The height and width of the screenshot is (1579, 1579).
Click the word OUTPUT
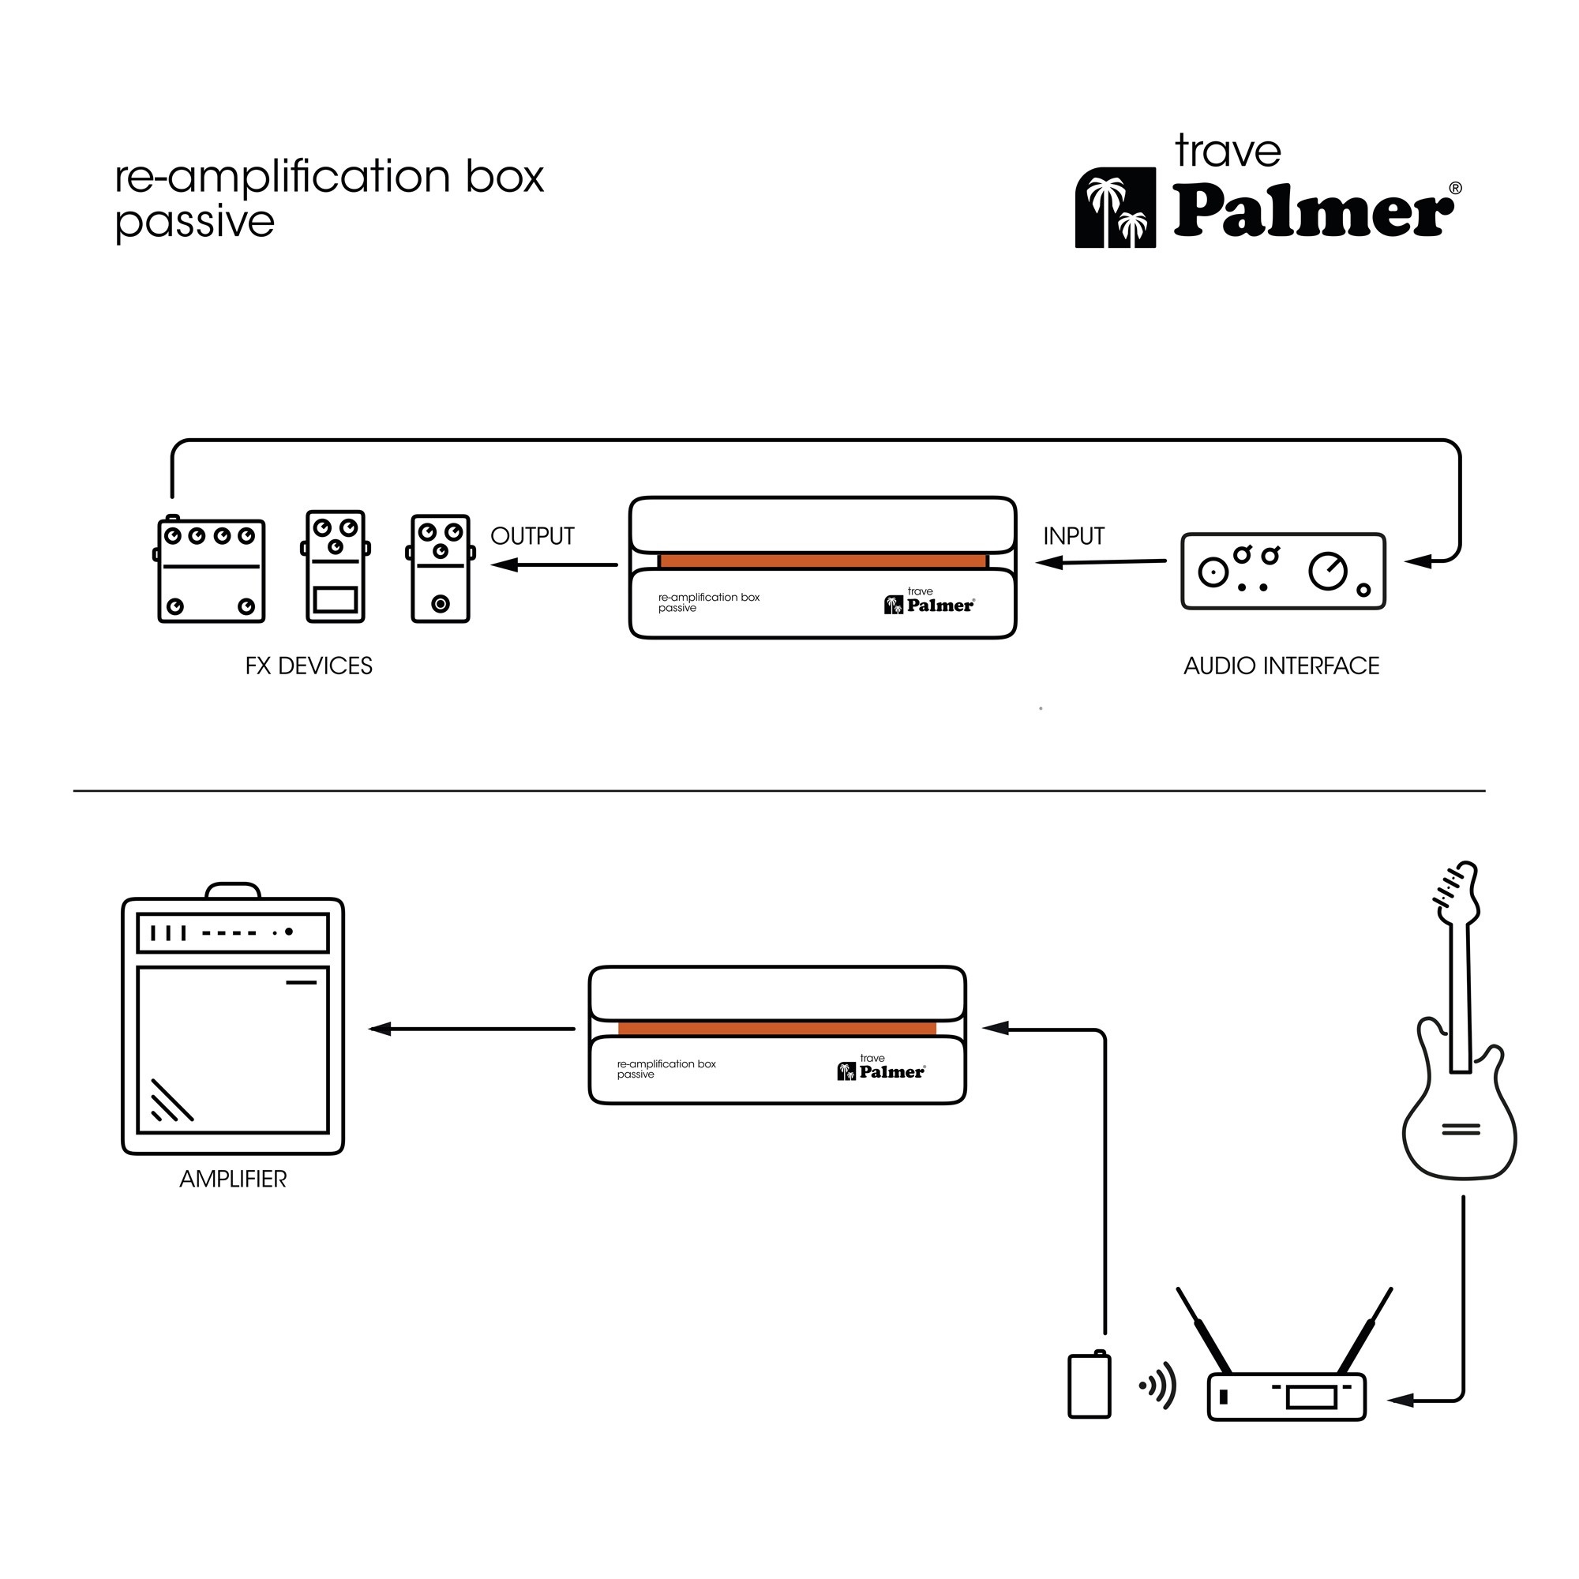pos(532,536)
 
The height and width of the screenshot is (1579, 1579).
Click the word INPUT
pos(1073,536)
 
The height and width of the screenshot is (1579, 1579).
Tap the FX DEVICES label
pos(308,666)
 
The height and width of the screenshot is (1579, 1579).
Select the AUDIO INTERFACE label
pos(1281,666)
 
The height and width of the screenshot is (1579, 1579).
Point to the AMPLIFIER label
pos(233,1180)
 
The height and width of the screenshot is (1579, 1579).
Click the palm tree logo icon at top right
pos(1115,208)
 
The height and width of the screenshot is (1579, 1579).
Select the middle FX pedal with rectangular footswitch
pos(335,567)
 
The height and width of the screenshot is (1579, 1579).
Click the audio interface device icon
pos(1283,572)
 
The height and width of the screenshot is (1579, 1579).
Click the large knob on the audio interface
pos(1327,571)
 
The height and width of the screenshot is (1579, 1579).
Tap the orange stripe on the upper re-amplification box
pos(823,561)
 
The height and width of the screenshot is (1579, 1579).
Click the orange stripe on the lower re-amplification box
pos(776,1028)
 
